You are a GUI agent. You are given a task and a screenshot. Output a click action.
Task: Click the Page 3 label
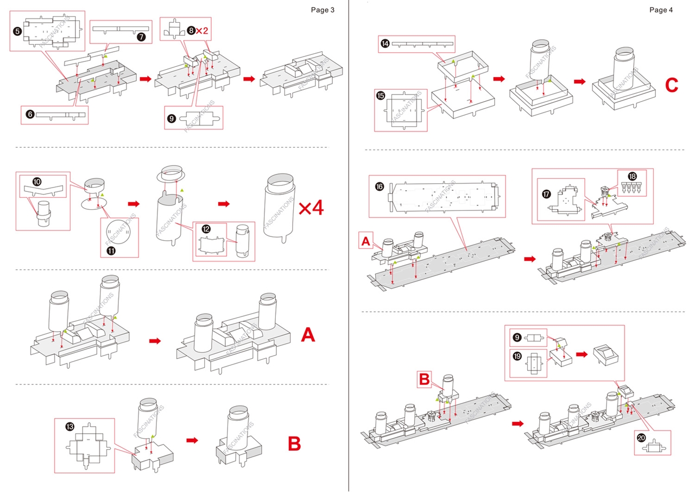tap(323, 10)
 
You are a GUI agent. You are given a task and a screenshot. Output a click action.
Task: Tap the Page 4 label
tap(661, 10)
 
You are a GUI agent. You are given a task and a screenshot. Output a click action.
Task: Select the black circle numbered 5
tap(17, 32)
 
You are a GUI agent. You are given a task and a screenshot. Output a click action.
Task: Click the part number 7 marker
tap(141, 37)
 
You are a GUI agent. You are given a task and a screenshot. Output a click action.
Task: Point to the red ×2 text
tap(202, 31)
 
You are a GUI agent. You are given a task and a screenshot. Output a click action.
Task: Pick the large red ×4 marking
tap(311, 208)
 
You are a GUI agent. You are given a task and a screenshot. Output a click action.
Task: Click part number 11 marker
tap(111, 251)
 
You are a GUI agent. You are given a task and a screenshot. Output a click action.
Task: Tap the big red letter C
tap(672, 85)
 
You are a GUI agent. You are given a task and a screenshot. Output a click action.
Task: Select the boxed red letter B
tap(425, 379)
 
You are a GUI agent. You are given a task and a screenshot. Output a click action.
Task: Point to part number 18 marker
tap(632, 177)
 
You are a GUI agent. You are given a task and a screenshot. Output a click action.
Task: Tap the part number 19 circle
tap(517, 357)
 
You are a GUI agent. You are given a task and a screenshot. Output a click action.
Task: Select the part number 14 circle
tap(385, 43)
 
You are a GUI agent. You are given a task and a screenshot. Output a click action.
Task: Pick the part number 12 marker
tap(206, 229)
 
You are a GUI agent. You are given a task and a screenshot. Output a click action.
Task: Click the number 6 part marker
tap(30, 114)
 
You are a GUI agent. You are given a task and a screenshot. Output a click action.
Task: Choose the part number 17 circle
tap(546, 192)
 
